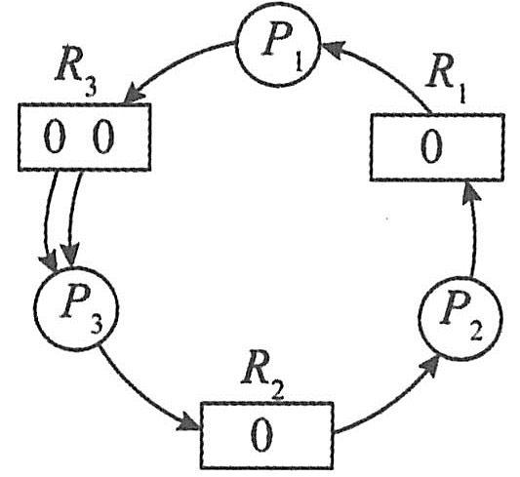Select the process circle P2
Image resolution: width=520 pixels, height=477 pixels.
point(460,319)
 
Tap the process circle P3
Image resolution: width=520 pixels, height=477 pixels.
point(76,308)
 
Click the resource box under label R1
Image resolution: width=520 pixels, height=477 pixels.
point(437,147)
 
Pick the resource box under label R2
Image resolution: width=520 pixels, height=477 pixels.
point(266,435)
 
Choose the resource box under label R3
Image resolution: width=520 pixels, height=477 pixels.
point(85,138)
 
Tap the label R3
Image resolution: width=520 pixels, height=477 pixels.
point(77,76)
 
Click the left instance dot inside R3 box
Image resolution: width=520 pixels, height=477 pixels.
point(55,137)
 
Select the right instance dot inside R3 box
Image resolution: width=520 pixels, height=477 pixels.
point(103,137)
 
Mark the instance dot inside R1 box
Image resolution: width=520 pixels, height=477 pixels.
point(431,146)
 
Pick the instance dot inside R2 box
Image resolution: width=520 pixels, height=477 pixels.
point(262,435)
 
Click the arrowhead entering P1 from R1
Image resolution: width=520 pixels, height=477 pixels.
point(333,49)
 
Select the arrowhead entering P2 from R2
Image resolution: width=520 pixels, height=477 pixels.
point(429,364)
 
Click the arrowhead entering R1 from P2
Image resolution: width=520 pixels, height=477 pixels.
point(470,191)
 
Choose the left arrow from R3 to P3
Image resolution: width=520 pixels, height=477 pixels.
point(49,220)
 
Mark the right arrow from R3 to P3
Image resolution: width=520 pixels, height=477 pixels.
point(72,219)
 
